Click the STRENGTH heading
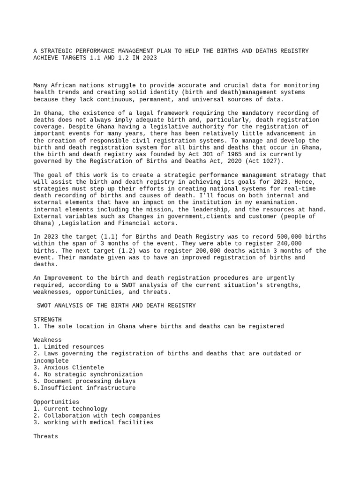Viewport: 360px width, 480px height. [47, 319]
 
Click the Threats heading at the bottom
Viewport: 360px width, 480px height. [46, 436]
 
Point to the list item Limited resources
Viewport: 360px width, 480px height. [72, 347]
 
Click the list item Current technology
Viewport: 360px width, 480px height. [74, 409]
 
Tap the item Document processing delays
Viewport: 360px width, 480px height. [88, 381]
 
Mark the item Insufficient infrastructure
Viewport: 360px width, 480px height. [86, 388]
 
